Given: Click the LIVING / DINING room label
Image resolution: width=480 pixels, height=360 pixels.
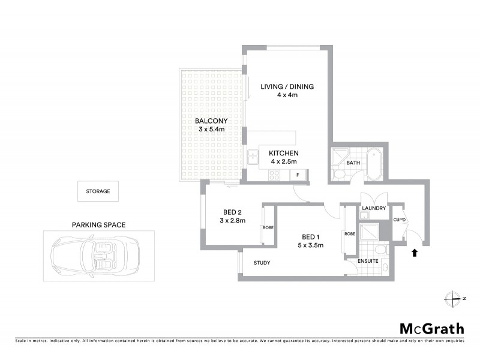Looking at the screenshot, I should pyautogui.click(x=287, y=86).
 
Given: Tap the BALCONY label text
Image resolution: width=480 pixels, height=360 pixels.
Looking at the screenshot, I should pyautogui.click(x=209, y=121).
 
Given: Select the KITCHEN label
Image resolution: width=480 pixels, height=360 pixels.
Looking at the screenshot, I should pyautogui.click(x=284, y=153).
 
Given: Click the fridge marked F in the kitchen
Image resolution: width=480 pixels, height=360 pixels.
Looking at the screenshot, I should pyautogui.click(x=298, y=175).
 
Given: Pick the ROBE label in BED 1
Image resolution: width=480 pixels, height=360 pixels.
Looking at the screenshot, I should pyautogui.click(x=348, y=233).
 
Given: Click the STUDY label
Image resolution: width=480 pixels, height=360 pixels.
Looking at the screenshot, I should pyautogui.click(x=262, y=262).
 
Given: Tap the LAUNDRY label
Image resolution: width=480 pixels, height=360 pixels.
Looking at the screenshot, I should pyautogui.click(x=374, y=208).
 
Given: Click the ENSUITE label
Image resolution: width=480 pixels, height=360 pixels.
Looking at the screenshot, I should pyautogui.click(x=368, y=262).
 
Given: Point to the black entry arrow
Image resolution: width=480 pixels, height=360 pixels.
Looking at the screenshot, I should pyautogui.click(x=414, y=253).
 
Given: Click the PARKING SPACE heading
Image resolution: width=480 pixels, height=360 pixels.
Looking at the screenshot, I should pyautogui.click(x=98, y=225).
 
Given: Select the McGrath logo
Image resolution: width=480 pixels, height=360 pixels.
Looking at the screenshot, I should pyautogui.click(x=432, y=328).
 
